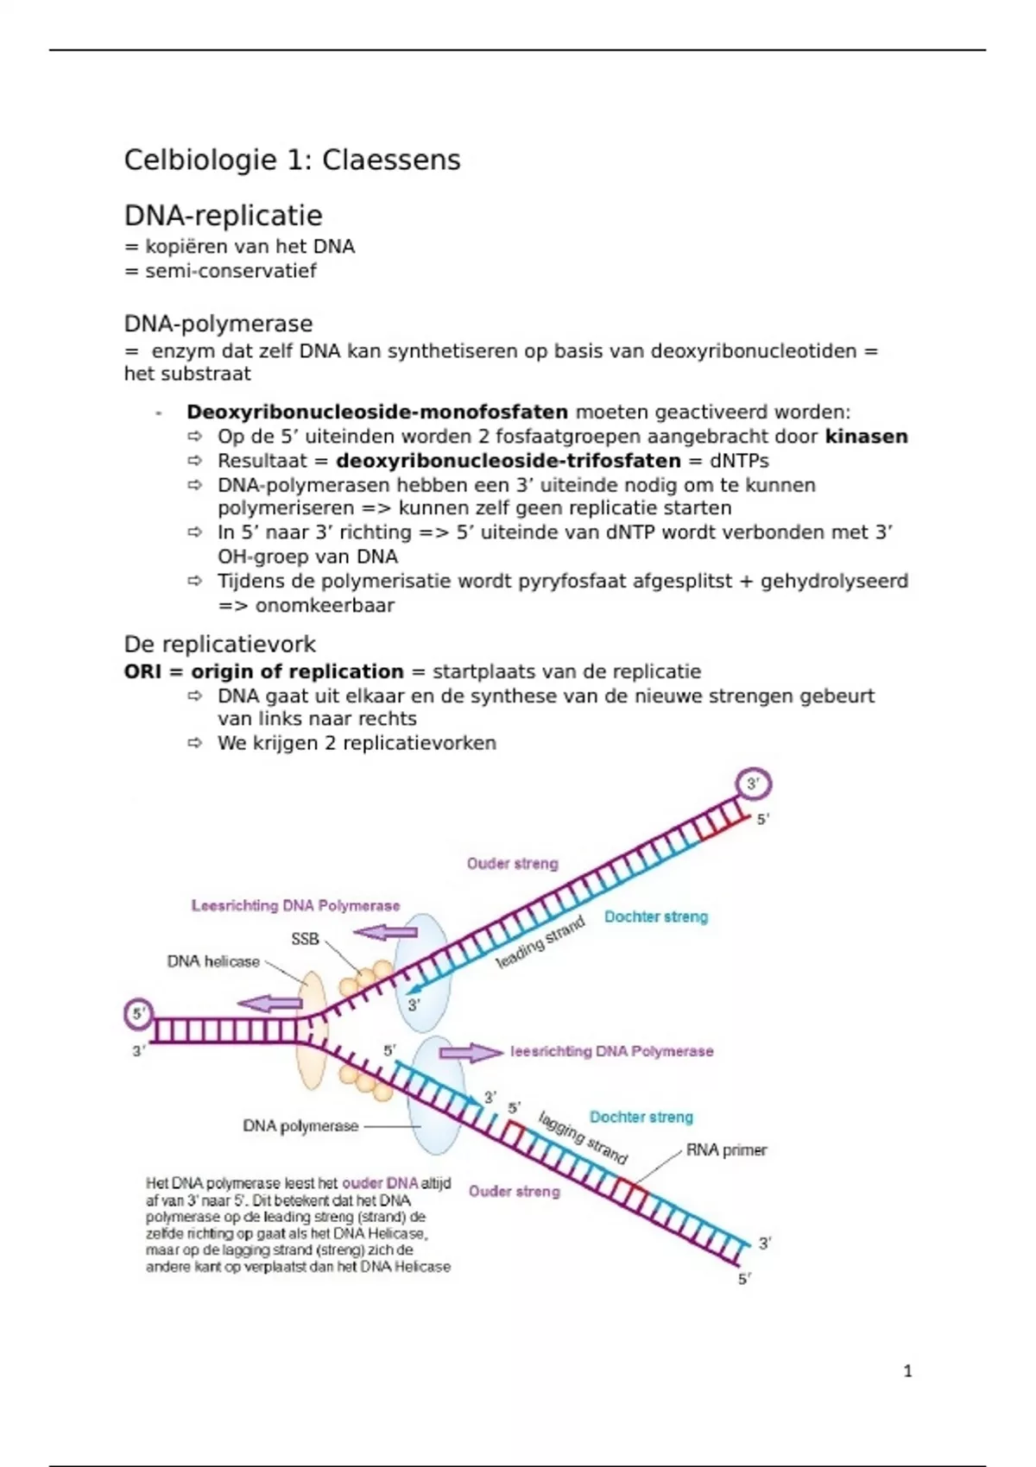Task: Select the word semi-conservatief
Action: [231, 271]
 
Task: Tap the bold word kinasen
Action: [866, 437]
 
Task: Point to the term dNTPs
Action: [739, 461]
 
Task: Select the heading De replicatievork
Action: [219, 644]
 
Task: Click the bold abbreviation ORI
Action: [142, 671]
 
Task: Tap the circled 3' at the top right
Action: [753, 784]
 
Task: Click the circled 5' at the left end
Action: [139, 1014]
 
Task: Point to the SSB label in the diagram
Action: [305, 939]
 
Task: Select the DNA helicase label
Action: [213, 961]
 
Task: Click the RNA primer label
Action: [726, 1150]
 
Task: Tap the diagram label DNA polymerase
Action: [300, 1126]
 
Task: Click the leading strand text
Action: [540, 941]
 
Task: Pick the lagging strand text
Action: [583, 1137]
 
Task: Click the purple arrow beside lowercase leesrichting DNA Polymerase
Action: [471, 1052]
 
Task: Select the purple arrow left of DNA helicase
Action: [269, 1003]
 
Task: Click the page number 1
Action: [907, 1370]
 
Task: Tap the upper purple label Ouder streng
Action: [513, 864]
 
